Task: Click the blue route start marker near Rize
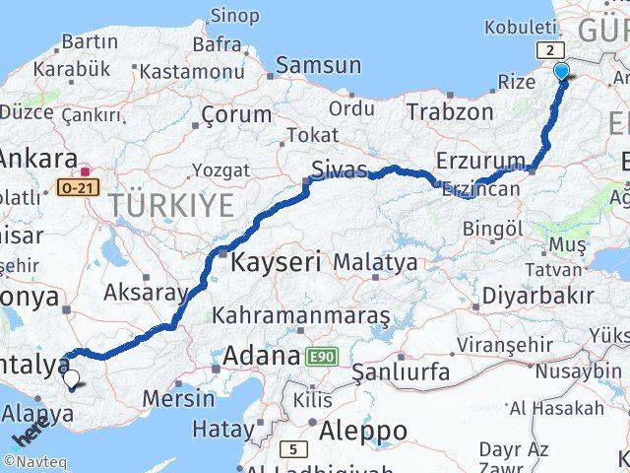point(562,71)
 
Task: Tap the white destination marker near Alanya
point(71,376)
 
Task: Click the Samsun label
point(319,66)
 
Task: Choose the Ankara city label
point(38,159)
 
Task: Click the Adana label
point(262,355)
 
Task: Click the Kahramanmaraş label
point(301,315)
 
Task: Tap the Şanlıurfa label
point(401,372)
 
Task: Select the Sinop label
point(236,16)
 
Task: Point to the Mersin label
point(178,398)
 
